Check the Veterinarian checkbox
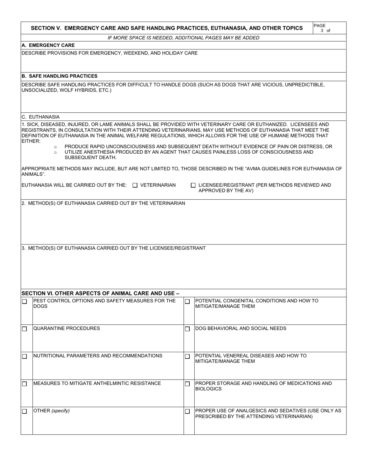[x=135, y=185]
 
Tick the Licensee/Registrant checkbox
[x=193, y=185]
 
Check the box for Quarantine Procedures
[x=24, y=329]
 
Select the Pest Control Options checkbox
[x=24, y=302]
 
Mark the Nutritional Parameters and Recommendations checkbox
[x=24, y=356]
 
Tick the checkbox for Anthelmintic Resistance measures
[x=24, y=384]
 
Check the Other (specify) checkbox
[x=24, y=411]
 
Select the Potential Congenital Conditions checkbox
[x=187, y=302]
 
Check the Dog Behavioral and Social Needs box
[x=187, y=329]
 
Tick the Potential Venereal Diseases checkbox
[x=187, y=356]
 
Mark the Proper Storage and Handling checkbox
[x=187, y=384]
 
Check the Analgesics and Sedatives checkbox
[x=187, y=411]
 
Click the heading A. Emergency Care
[x=48, y=45]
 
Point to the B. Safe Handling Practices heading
[x=59, y=76]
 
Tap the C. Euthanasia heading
[x=41, y=117]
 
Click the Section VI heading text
[x=100, y=293]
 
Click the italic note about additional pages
[x=183, y=38]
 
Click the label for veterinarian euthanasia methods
[x=103, y=203]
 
